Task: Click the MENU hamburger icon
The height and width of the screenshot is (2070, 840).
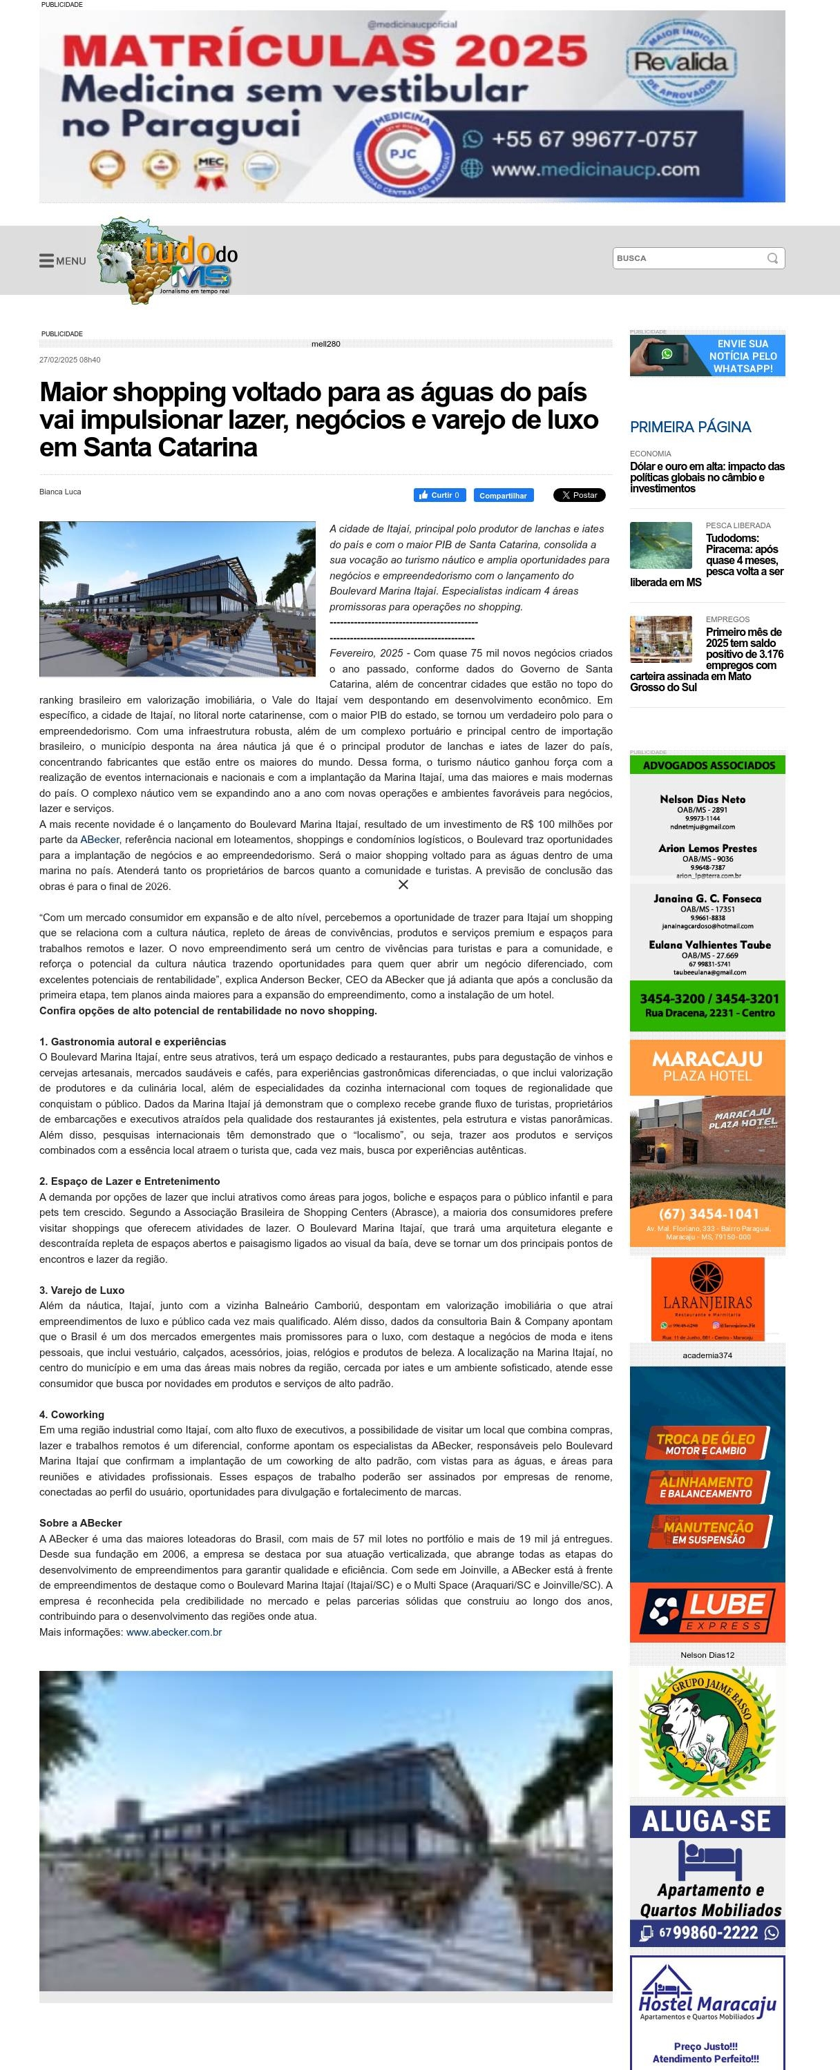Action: click(x=46, y=260)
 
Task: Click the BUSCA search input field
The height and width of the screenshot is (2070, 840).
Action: click(x=687, y=258)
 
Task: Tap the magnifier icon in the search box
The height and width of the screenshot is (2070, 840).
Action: click(x=772, y=258)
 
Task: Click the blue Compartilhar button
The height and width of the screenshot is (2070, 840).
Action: click(x=503, y=495)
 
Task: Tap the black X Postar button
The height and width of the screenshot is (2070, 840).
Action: click(x=579, y=495)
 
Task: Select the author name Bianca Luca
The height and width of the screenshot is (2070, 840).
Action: click(x=60, y=492)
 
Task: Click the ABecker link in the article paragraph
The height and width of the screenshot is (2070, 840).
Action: click(x=99, y=840)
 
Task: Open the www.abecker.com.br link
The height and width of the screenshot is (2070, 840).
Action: click(x=173, y=1632)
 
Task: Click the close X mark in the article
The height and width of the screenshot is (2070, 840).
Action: click(x=403, y=884)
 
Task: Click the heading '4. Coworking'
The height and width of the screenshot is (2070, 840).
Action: click(x=72, y=1414)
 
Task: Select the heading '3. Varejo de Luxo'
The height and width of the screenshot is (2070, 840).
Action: click(x=82, y=1290)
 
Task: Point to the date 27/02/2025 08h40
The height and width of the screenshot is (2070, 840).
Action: click(x=70, y=360)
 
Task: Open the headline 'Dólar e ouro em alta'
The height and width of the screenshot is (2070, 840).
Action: click(x=707, y=477)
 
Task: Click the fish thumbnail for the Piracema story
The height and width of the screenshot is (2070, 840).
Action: click(x=661, y=545)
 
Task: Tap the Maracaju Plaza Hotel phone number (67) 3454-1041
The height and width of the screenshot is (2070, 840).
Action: click(x=707, y=1213)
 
